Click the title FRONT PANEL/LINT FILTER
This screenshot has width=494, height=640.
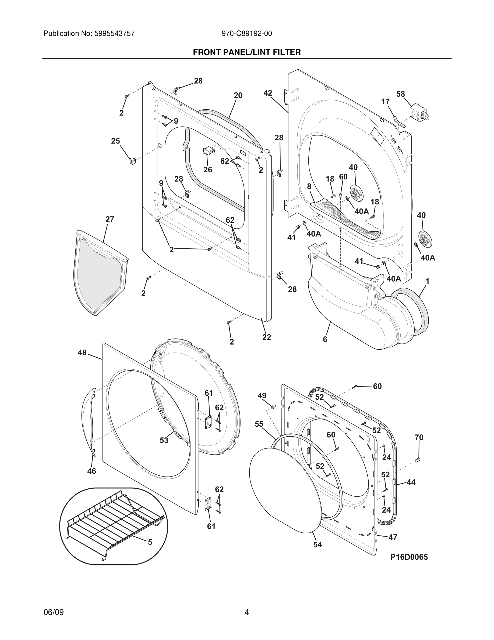(x=247, y=52)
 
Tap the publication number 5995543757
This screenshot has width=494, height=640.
(x=114, y=33)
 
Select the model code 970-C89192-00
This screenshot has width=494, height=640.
(x=247, y=33)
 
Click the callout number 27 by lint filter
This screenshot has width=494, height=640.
(x=110, y=219)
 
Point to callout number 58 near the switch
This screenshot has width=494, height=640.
(x=400, y=94)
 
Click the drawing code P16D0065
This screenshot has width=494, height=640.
(x=409, y=557)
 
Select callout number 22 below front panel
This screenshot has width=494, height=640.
(x=266, y=337)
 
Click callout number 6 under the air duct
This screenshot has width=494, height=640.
(x=325, y=339)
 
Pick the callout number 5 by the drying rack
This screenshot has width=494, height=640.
(x=150, y=542)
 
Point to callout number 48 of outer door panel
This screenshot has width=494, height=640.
(x=82, y=353)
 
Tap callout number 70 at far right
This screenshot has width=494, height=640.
(x=419, y=437)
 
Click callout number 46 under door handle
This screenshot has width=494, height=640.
(x=91, y=471)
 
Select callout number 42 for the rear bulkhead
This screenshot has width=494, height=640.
(x=267, y=93)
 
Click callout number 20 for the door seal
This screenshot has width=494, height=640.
(x=238, y=95)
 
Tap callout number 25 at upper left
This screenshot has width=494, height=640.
(x=115, y=141)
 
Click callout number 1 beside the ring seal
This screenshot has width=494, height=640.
(x=427, y=281)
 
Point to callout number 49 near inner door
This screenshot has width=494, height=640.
(x=262, y=396)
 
